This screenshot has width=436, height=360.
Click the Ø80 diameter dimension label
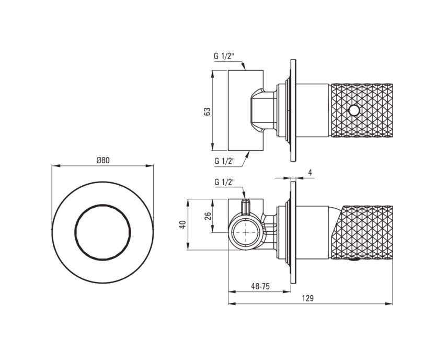coord(103,161)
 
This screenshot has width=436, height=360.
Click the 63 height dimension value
coord(208,111)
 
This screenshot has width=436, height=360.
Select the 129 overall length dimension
coord(308,298)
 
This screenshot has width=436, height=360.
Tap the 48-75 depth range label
coord(260,286)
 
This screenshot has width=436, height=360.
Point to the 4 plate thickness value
coord(310,173)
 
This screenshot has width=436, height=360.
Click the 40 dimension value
coord(182,224)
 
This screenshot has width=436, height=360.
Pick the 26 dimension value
coord(208,216)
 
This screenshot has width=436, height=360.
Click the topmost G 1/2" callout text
coord(224,56)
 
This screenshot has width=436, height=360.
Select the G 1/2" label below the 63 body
coord(224,161)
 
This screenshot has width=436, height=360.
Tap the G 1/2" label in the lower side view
coord(224,183)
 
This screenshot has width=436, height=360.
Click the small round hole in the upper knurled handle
coord(354,111)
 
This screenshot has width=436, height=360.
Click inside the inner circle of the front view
coord(102,232)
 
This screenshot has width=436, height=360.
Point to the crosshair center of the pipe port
coord(246,232)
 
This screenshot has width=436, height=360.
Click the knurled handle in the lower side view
coord(363,233)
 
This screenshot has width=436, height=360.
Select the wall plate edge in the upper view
coord(293,110)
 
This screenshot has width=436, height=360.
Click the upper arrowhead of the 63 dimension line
coord(213,73)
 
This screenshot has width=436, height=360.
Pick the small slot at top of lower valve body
coord(246,207)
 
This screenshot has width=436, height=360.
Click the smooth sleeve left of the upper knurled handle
coord(313,110)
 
